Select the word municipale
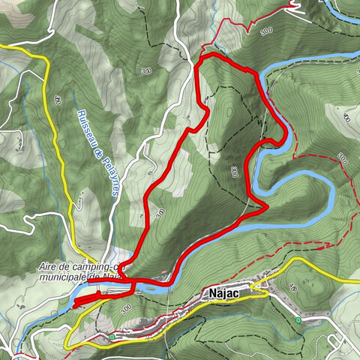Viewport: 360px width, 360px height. tap(61, 277)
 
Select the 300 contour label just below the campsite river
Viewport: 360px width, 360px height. tap(126, 307)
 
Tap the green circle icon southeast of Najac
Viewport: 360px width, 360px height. tap(298, 320)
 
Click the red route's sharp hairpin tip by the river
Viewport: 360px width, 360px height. tap(267, 208)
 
